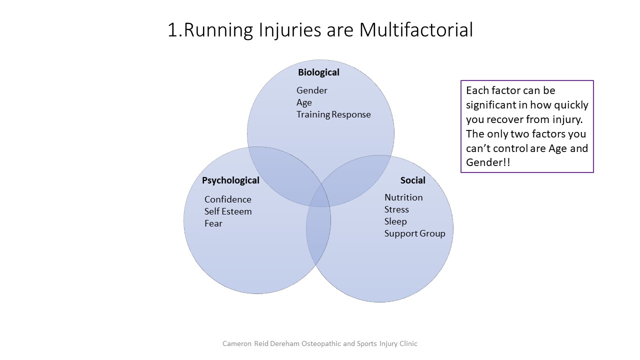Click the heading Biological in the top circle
click(318, 72)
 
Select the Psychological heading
click(230, 180)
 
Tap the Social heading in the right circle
click(412, 180)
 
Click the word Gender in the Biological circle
click(311, 90)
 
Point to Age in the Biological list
click(304, 102)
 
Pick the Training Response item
click(333, 114)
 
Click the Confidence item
click(227, 199)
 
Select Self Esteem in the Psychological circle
click(227, 211)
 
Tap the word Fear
click(213, 223)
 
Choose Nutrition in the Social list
click(403, 197)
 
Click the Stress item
click(396, 209)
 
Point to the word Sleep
click(395, 221)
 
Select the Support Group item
click(414, 233)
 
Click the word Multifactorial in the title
click(416, 30)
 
